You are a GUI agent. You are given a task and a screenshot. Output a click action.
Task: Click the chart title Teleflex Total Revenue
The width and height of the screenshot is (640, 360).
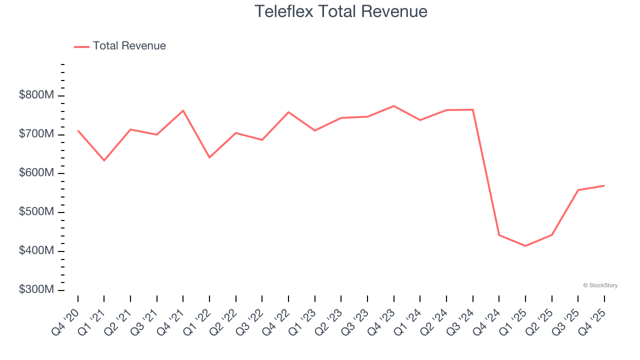[x=341, y=11]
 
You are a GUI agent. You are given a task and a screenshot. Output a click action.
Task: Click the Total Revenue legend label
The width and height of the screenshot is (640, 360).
[x=129, y=46]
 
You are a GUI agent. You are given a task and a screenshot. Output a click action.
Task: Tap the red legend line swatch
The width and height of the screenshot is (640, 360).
[x=81, y=46]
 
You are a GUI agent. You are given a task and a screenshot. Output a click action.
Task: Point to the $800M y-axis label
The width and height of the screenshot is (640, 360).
[x=36, y=95]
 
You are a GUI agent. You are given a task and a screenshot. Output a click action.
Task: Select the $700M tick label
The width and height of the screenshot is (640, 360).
[x=36, y=134]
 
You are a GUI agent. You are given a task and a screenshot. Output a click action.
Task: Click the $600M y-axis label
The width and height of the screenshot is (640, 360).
[x=36, y=173]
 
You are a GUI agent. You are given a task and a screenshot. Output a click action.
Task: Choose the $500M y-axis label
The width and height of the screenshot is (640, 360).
[x=36, y=212]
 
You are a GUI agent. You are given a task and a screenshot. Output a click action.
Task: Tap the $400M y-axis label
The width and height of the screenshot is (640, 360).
[x=36, y=250]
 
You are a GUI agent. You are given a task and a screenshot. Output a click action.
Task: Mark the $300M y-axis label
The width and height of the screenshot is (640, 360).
[x=36, y=289]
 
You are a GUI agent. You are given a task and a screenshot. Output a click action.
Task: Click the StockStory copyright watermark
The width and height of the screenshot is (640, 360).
[x=600, y=285]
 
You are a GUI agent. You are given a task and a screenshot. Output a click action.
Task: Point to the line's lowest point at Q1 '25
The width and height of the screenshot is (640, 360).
[x=525, y=246]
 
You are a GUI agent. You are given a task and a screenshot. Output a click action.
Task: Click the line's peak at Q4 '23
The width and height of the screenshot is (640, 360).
[x=393, y=106]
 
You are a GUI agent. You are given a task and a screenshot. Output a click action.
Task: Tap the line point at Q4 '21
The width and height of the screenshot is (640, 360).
[x=183, y=110]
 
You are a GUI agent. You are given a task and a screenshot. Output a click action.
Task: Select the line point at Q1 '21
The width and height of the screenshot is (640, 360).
[x=104, y=160]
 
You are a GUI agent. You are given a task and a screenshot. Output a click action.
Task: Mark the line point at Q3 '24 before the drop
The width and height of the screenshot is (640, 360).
[x=472, y=109]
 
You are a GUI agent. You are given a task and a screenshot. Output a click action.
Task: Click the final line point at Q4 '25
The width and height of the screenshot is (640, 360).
[x=604, y=185]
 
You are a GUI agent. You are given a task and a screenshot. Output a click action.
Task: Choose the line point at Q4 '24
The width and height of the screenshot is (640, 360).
[x=499, y=235]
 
